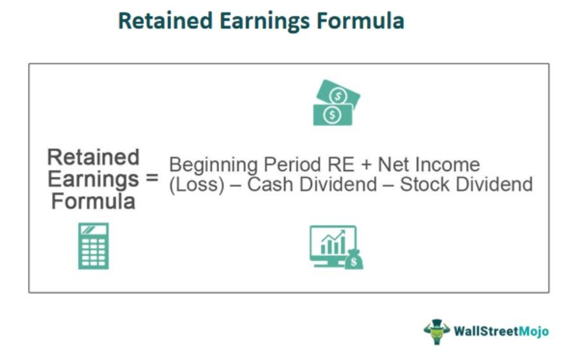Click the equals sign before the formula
pos(151,179)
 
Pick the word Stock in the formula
pos(425,185)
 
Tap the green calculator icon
pos(93,246)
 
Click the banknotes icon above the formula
pos(335,103)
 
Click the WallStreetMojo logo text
pos(502,331)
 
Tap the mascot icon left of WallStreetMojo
pos(437,330)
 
